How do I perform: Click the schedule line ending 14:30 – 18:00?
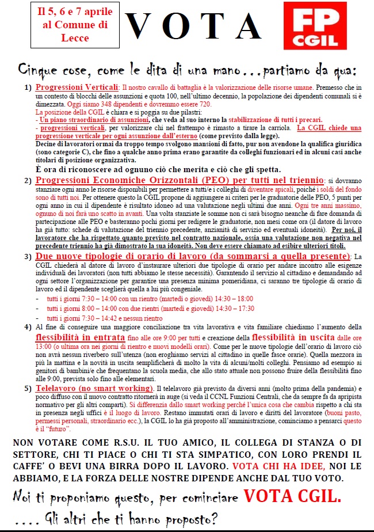pyautogui.click(x=150, y=299)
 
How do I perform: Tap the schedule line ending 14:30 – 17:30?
pyautogui.click(x=150, y=309)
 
